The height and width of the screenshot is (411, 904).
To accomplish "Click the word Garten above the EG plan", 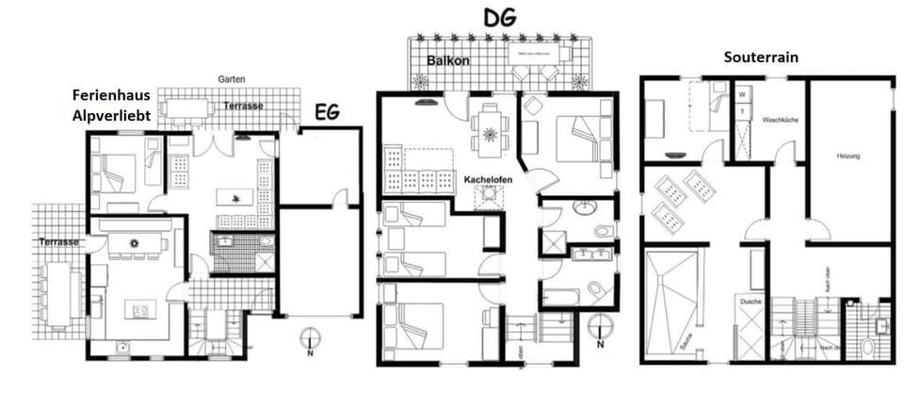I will tap(232, 78).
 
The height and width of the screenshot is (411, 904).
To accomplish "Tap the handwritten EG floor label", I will tap(327, 113).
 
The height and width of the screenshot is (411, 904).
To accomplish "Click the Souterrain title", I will tap(761, 58).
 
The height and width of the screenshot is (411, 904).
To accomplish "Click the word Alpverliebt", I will tap(111, 115).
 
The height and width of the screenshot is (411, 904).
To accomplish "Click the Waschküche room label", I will tap(783, 121).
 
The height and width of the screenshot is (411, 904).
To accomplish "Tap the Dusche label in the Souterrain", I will tap(751, 302).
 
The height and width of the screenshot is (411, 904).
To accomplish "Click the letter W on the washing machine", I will tap(742, 94).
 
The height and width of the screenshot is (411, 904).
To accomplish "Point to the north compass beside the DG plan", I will tap(596, 327).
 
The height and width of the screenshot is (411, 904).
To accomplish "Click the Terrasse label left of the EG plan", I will tap(58, 242).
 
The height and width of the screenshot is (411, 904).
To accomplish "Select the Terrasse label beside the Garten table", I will tap(244, 107).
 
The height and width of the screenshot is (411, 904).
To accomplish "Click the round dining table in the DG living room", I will tap(489, 136).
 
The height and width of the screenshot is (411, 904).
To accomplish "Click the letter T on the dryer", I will tap(742, 110).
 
